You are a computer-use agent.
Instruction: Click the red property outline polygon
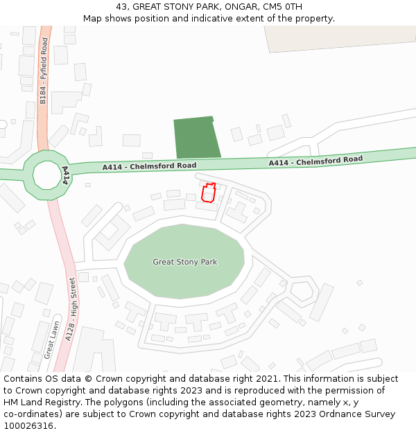coord(208,193)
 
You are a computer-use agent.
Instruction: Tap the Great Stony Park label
coord(184,262)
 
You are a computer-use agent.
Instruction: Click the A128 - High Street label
coord(70,309)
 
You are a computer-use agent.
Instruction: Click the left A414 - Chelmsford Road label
coord(149,166)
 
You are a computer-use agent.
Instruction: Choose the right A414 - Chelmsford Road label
coord(315,161)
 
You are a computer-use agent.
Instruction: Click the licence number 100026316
coord(28,426)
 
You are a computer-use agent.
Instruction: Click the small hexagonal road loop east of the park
coord(302,291)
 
